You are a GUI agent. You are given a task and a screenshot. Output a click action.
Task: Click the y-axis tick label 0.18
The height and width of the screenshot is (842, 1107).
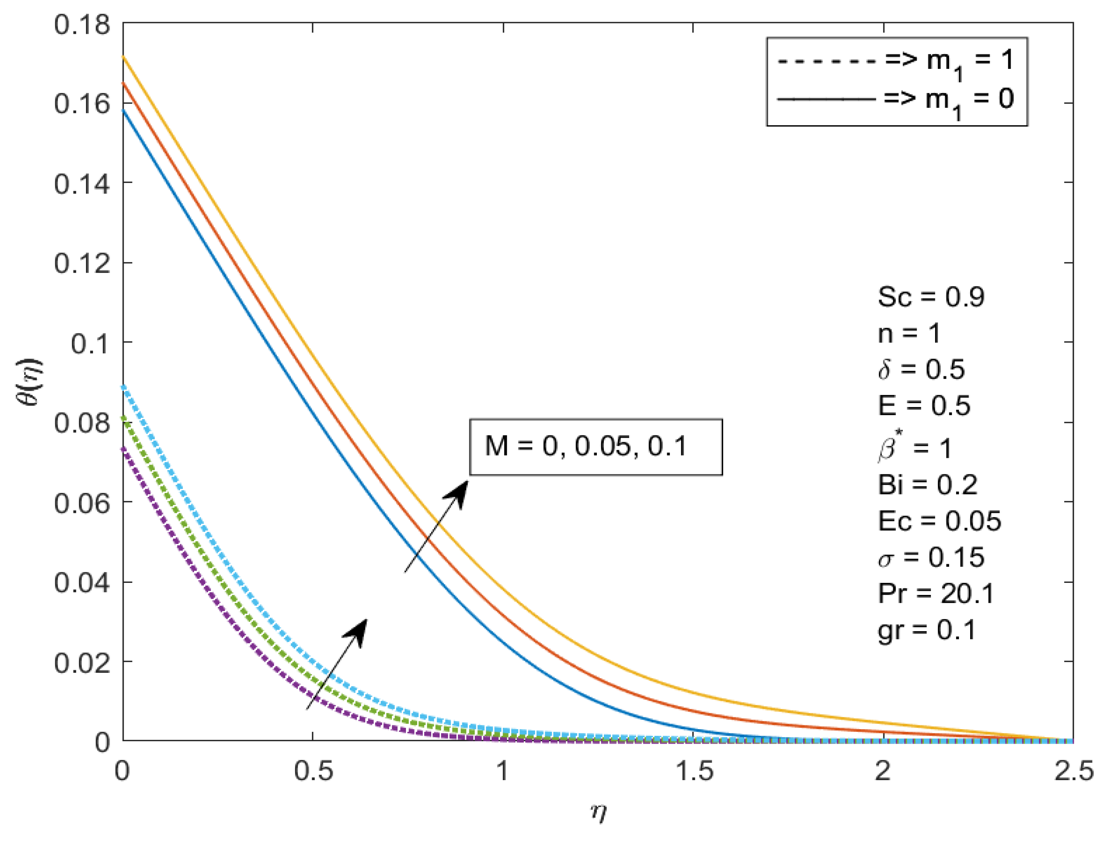point(82,24)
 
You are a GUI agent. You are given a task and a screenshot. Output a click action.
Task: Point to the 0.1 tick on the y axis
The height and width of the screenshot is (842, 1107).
point(90,344)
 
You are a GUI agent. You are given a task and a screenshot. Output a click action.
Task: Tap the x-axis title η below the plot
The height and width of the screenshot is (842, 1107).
point(598,812)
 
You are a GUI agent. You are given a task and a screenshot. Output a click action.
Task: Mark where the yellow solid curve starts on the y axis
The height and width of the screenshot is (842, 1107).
point(123,57)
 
